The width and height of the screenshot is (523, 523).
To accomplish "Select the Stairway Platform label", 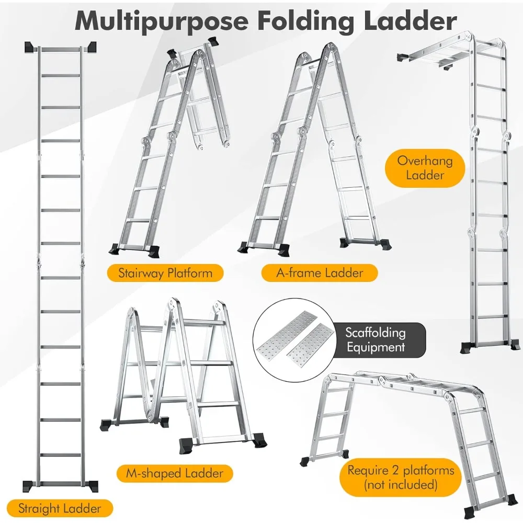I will point(165,272).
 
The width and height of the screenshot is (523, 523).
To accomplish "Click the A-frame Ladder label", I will point(320,272).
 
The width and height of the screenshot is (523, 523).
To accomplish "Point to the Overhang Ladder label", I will point(425,167).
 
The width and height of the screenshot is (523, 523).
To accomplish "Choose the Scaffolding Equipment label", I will point(375,339).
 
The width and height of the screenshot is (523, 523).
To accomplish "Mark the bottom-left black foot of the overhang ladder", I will point(468,346).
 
